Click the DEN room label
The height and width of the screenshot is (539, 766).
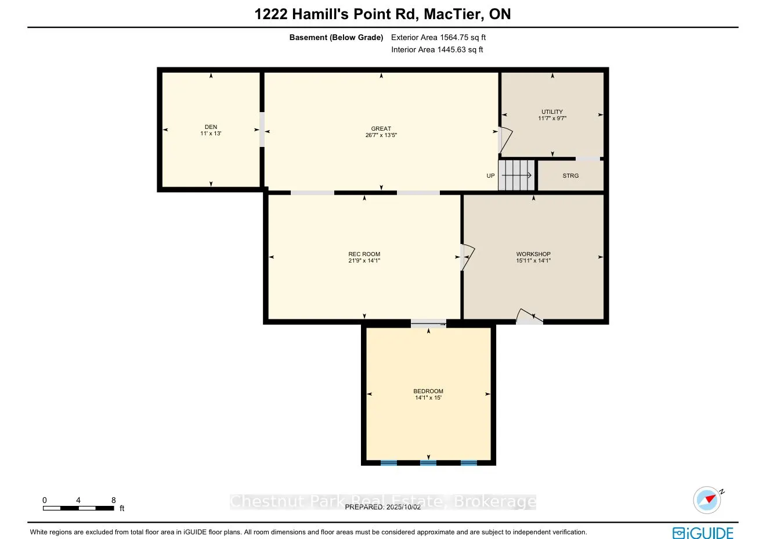point(211,127)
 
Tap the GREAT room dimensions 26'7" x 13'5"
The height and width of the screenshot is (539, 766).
point(381,135)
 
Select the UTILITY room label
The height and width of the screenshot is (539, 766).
point(552,112)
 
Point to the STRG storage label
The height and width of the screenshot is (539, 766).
point(570,175)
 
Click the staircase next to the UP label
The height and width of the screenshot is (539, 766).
point(516,175)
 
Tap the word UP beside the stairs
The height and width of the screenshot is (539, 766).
point(490,175)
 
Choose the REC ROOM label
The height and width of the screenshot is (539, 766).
point(364,254)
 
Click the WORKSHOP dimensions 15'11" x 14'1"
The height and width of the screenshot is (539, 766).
point(533,260)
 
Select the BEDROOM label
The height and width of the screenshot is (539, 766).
point(428,391)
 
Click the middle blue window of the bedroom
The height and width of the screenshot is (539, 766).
point(428,463)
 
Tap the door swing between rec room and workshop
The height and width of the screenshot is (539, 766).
point(467,257)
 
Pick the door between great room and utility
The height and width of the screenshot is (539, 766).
point(505,140)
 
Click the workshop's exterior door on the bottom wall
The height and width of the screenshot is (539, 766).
point(529,317)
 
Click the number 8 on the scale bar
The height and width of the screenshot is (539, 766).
point(114,500)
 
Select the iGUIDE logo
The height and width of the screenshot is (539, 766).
point(703,533)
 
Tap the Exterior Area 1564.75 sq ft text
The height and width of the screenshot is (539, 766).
point(438,37)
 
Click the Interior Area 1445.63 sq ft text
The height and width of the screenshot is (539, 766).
point(437,49)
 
